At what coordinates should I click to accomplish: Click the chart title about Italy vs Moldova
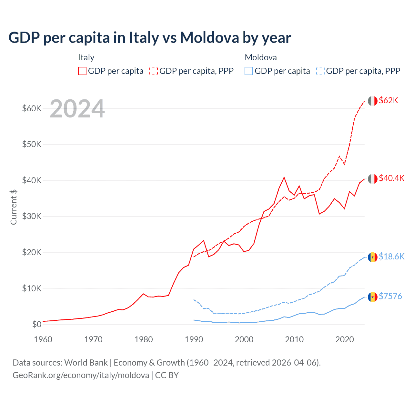click(x=150, y=38)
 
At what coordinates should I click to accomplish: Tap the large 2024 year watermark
click(x=77, y=109)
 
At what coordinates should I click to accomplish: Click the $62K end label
click(x=388, y=101)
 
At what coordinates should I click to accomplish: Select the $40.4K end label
click(x=391, y=178)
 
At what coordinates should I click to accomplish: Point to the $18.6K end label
click(x=391, y=257)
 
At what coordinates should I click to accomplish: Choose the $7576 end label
click(x=390, y=297)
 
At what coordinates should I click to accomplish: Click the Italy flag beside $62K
click(x=373, y=101)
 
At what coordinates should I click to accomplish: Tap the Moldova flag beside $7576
click(x=373, y=297)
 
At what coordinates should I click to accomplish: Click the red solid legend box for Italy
click(x=82, y=71)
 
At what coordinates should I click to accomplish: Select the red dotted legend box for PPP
click(x=154, y=71)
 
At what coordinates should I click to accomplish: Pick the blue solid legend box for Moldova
click(x=249, y=71)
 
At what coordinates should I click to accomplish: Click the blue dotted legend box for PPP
click(x=320, y=71)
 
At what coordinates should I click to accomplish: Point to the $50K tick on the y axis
click(x=32, y=144)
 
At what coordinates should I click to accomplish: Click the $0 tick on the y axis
click(x=37, y=325)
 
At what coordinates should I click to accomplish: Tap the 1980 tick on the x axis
click(x=144, y=339)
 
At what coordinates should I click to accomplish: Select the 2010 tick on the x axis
click(x=294, y=339)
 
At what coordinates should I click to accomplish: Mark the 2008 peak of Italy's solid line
click(x=284, y=177)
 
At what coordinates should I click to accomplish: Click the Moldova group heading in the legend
click(x=261, y=57)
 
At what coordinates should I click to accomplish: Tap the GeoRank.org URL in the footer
click(x=81, y=375)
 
